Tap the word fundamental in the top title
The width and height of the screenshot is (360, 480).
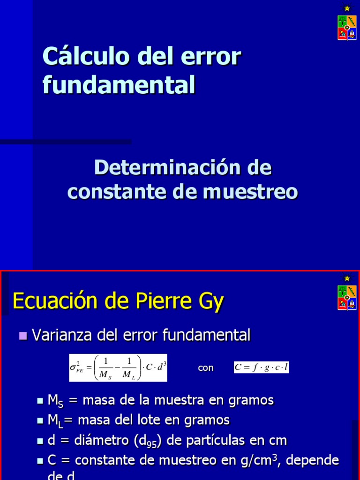[x=119, y=85]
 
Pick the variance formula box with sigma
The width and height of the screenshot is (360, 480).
[x=118, y=368]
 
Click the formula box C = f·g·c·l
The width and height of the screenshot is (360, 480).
[x=261, y=367]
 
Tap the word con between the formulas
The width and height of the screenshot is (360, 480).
[x=205, y=368]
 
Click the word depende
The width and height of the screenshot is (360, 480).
[x=312, y=461]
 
